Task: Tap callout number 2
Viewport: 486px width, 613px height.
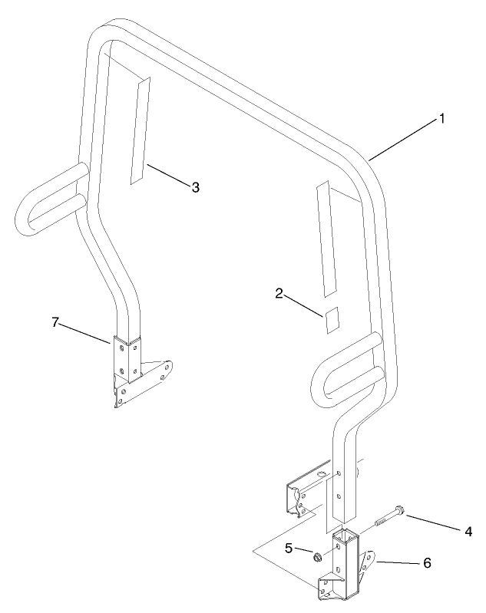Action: (279, 293)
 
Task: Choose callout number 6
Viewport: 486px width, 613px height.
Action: (426, 562)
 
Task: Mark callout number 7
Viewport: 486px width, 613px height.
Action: (55, 322)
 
